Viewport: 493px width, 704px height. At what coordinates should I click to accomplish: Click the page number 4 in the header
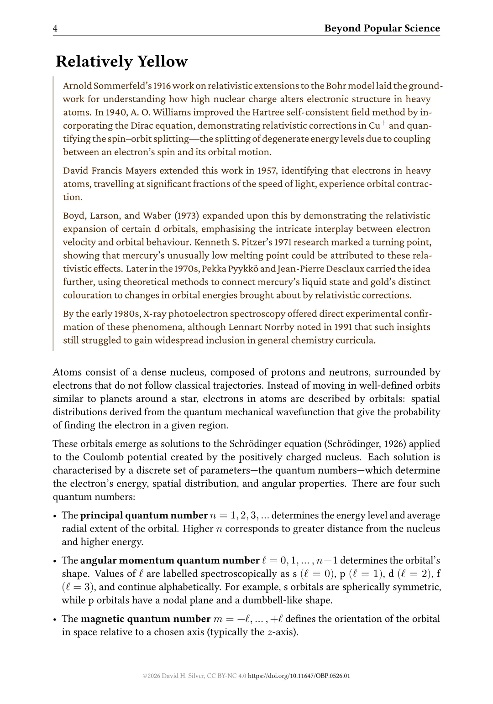55,29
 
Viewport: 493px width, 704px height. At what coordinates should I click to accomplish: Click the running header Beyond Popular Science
382,28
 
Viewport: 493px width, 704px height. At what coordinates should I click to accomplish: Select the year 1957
267,171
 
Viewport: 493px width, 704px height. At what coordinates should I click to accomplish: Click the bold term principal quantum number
144,516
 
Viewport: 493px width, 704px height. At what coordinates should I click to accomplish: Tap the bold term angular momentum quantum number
170,560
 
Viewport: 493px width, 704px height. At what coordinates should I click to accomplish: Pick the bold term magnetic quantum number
145,619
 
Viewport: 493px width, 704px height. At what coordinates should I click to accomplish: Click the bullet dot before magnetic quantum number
55,620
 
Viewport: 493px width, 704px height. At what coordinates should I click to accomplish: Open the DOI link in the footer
299,676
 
